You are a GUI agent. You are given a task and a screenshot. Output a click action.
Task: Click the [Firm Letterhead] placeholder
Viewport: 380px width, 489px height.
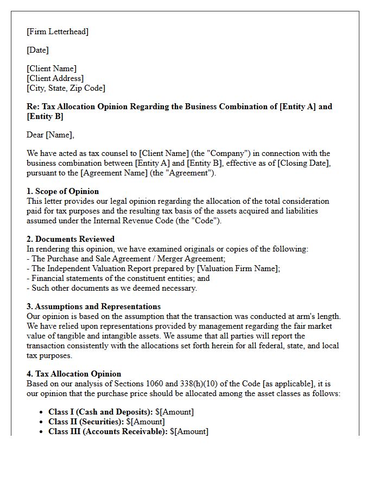coord(58,32)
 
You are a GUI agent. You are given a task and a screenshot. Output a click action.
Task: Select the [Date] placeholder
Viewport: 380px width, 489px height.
coord(37,50)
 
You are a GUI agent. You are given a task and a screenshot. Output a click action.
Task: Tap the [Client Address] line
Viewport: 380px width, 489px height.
coord(55,78)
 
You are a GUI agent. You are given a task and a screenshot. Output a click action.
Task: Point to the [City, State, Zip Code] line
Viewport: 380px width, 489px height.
coord(66,88)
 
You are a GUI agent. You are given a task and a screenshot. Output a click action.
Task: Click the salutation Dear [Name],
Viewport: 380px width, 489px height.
coord(50,135)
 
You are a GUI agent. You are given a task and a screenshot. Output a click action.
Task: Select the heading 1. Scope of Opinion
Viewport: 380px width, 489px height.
coord(63,191)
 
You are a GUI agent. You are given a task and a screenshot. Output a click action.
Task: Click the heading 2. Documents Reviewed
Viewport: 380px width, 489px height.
coord(71,239)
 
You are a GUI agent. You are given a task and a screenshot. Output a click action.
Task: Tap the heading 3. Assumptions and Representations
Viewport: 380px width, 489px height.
coord(93,306)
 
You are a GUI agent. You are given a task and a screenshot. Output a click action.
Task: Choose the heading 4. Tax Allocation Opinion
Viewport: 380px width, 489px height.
coord(74,374)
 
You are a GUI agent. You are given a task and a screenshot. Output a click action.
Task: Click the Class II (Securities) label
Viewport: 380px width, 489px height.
coord(86,422)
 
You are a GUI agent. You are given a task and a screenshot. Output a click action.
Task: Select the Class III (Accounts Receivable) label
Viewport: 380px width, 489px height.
coord(108,431)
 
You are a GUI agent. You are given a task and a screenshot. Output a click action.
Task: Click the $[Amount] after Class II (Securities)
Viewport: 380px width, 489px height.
coord(145,422)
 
